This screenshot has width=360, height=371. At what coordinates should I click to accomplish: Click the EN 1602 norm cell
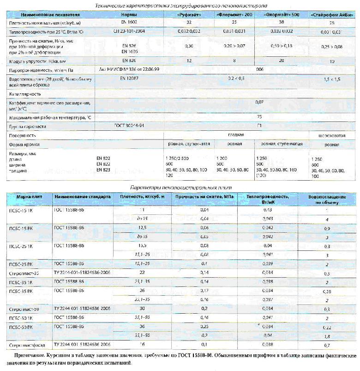[125, 22]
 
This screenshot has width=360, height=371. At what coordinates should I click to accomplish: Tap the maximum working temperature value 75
[259, 117]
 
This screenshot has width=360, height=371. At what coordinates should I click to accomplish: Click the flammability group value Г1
[259, 126]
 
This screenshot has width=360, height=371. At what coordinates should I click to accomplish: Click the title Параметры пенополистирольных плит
[180, 187]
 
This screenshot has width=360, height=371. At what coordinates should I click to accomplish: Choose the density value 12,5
[142, 228]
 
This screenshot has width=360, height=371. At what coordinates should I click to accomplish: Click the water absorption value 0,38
[327, 292]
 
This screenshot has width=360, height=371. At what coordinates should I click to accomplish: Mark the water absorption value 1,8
[327, 336]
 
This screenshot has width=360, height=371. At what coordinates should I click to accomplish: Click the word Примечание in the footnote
[28, 356]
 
